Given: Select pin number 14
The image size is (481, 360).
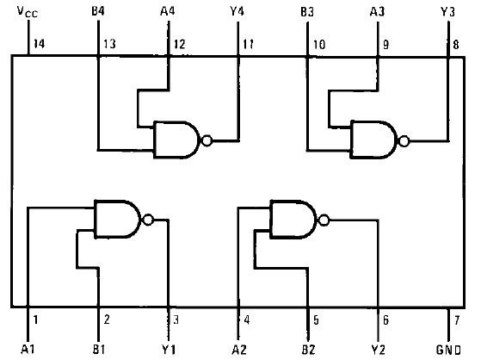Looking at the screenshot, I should [x=39, y=43].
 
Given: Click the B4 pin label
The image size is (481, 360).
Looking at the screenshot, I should [x=99, y=13].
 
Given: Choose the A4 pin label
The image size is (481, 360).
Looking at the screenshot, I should [x=169, y=13].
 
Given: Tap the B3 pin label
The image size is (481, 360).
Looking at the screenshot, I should [x=307, y=13].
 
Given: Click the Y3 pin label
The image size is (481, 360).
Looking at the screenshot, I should [x=447, y=13].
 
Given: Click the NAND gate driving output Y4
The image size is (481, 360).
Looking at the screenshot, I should [x=176, y=139].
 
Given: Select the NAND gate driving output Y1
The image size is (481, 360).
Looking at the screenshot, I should [x=117, y=219].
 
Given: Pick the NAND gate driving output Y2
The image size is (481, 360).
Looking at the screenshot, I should [x=293, y=219].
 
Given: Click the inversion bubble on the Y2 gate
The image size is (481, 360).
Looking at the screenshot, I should [x=323, y=219].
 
